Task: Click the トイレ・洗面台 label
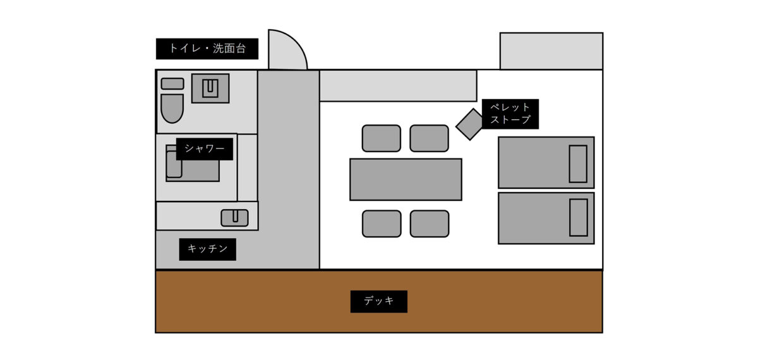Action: click(x=207, y=49)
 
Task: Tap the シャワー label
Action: click(x=205, y=149)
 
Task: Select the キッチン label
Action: click(x=207, y=249)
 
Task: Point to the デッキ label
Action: click(x=379, y=301)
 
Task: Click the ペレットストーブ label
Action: click(x=510, y=114)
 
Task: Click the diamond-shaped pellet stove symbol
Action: click(x=470, y=124)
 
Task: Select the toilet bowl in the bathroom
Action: click(x=172, y=108)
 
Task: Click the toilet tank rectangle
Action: click(x=172, y=83)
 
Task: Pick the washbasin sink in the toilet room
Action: click(x=210, y=88)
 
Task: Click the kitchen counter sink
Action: click(x=234, y=218)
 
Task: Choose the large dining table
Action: click(x=406, y=179)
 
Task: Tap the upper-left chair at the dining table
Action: click(x=382, y=138)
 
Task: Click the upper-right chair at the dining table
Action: click(x=430, y=138)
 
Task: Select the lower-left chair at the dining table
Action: click(x=382, y=224)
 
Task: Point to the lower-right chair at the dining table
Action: click(x=430, y=224)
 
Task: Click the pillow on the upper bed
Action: click(x=578, y=164)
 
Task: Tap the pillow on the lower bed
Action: click(x=578, y=217)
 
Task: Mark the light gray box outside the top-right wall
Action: click(x=551, y=51)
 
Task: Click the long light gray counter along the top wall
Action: click(x=398, y=86)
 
